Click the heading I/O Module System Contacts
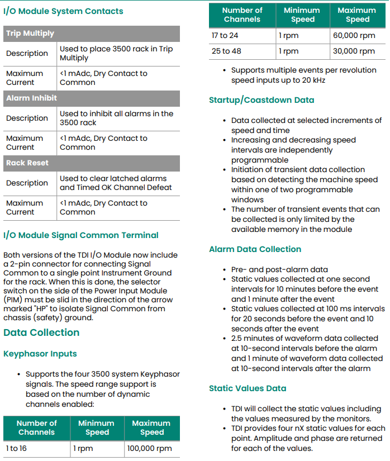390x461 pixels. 63,11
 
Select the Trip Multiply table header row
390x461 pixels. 92,34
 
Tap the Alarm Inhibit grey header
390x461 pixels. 92,98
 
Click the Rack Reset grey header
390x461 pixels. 92,163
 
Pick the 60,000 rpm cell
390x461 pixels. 354,36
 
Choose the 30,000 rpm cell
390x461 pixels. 354,51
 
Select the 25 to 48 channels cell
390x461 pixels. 226,51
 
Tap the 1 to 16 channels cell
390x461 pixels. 17,449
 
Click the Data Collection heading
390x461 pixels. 41,332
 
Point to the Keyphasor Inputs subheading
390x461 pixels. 40,354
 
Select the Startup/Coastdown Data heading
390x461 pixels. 261,101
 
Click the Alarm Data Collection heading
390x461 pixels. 255,249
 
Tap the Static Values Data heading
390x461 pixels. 248,388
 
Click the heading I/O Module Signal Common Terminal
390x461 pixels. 81,235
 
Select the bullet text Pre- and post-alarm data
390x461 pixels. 279,269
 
